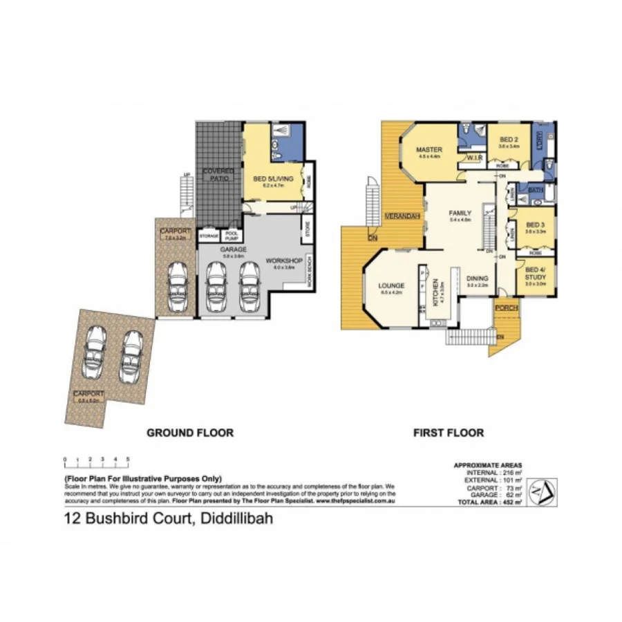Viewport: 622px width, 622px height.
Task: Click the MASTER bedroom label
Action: [429, 150]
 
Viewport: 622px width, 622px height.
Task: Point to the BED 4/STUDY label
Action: [536, 274]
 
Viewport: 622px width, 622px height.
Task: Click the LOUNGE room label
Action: [391, 285]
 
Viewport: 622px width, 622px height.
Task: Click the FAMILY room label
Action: [460, 213]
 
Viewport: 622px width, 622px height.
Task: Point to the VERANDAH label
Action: [403, 217]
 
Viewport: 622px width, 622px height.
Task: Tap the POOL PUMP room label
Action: [232, 236]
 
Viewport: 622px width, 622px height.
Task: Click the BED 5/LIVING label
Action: [274, 180]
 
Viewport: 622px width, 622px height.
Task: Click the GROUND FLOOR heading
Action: [189, 433]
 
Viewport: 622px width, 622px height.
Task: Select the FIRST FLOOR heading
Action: [449, 433]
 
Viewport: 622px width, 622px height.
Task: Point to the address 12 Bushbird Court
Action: [168, 518]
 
